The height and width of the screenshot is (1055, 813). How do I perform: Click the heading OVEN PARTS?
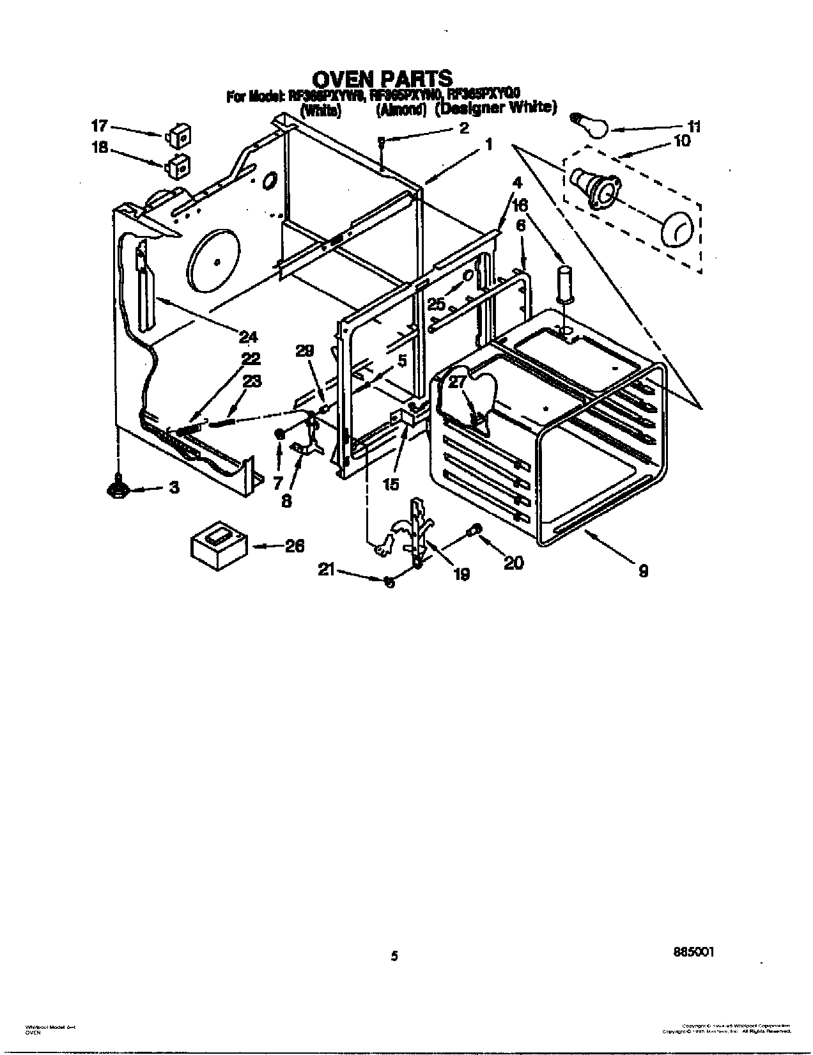pyautogui.click(x=382, y=79)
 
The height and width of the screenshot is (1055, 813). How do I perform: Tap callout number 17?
pyautogui.click(x=100, y=126)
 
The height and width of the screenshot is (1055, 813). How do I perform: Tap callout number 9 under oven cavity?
pyautogui.click(x=644, y=570)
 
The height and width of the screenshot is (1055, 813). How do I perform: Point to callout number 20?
pyautogui.click(x=513, y=562)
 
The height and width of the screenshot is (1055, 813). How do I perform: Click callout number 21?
pyautogui.click(x=327, y=572)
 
